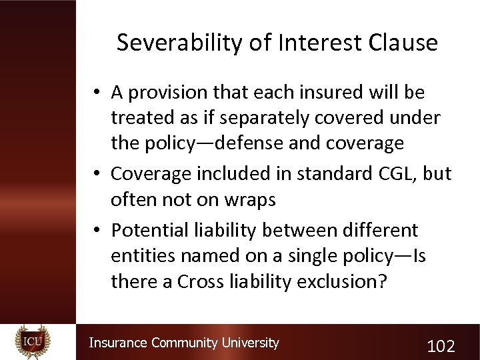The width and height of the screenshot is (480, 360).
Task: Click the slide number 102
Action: (x=441, y=345)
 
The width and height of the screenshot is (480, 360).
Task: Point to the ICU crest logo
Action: (x=32, y=341)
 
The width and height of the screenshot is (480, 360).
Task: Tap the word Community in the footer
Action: (x=184, y=343)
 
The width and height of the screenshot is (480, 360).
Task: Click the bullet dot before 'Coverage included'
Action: (x=97, y=173)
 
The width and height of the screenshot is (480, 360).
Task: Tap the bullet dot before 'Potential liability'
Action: (x=97, y=230)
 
